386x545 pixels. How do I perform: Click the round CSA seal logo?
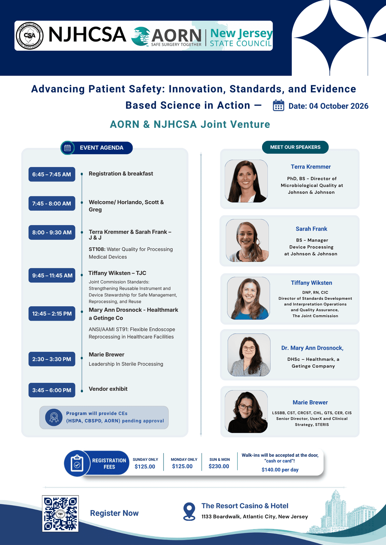30,36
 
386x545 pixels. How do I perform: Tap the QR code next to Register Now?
60,513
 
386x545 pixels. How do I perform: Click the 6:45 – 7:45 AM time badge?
52,174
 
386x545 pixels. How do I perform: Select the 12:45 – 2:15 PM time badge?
52,313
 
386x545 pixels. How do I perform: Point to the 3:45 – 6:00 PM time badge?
52,390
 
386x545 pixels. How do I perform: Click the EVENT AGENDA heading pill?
97,148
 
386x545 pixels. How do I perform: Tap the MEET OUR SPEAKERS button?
295,147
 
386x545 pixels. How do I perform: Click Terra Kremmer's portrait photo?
246,181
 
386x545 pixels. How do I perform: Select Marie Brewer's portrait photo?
246,411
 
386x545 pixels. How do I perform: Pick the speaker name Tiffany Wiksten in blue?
311,283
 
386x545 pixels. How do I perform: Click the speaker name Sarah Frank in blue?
311,229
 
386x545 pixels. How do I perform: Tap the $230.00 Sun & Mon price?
219,466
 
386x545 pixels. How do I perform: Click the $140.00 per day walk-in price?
280,470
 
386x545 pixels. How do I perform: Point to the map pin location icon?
189,511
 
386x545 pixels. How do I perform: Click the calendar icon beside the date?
278,105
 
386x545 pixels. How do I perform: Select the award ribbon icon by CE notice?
54,417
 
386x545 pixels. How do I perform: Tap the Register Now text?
114,513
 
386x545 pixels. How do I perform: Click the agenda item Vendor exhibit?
108,389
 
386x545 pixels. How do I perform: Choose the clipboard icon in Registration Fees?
77,463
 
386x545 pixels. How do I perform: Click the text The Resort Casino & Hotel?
245,506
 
